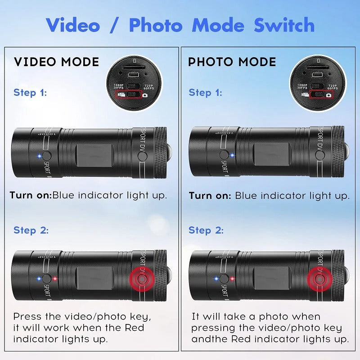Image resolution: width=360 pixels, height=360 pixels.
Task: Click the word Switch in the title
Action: tap(284, 25)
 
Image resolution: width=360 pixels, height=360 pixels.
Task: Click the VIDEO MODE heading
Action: tap(56, 62)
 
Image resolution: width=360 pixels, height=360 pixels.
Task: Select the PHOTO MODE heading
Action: tap(232, 62)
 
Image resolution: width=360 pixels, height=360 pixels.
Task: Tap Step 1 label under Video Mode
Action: tap(30, 93)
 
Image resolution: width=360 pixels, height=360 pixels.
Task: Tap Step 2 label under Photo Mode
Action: tap(206, 230)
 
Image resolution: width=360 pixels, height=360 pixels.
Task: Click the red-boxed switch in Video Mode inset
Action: tap(129, 95)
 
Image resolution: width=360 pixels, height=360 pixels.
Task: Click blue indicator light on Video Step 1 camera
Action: tap(39, 156)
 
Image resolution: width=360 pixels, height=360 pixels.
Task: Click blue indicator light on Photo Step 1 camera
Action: tap(232, 155)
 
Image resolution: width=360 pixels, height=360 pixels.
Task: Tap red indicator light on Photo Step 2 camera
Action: tap(232, 279)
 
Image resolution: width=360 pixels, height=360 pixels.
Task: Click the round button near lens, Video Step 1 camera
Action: tap(143, 156)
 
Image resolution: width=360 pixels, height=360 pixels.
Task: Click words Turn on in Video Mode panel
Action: tap(30, 196)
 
